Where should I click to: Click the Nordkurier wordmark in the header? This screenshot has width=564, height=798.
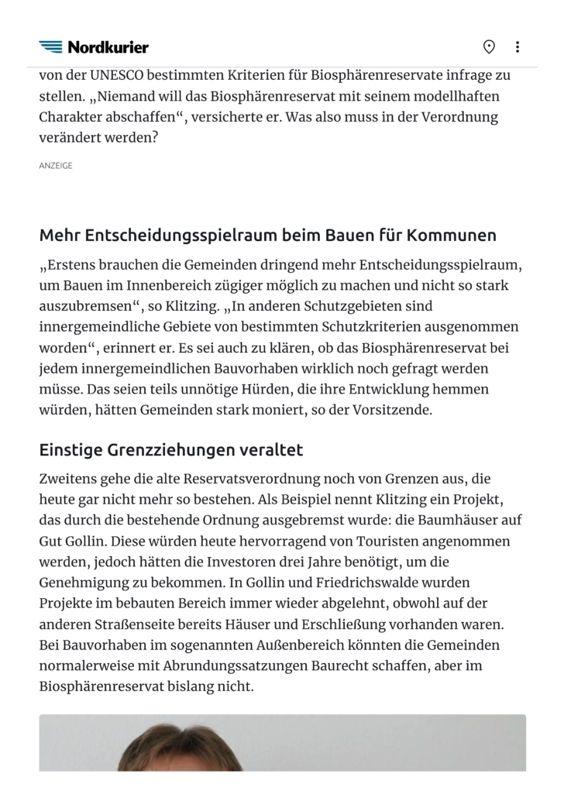tap(108, 47)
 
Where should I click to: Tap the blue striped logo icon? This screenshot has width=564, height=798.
tap(51, 47)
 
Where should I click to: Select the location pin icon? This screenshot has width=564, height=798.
tap(489, 47)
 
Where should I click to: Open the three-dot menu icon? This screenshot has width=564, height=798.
tap(518, 47)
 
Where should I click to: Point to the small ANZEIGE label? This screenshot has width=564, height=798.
tap(56, 165)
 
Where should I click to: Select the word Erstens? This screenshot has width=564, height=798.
tap(71, 265)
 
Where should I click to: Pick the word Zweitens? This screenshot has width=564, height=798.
tap(70, 479)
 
